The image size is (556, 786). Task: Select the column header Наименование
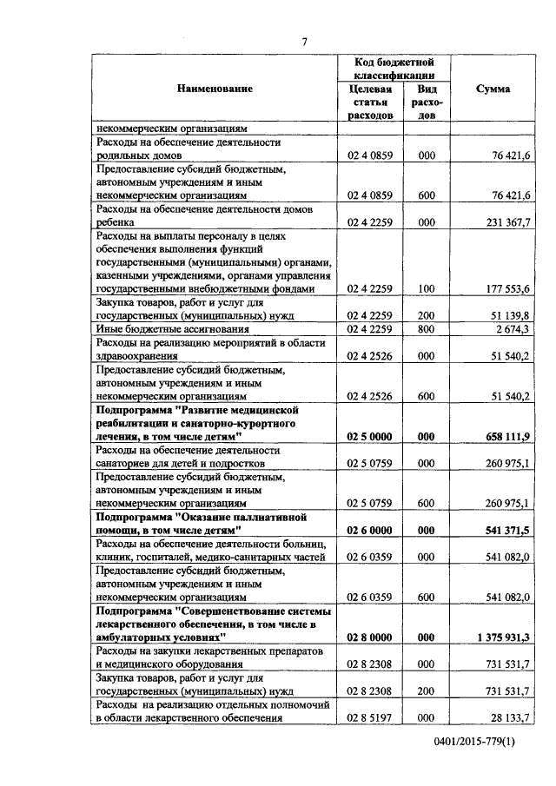coord(215,89)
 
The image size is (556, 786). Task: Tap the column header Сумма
coord(493,89)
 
